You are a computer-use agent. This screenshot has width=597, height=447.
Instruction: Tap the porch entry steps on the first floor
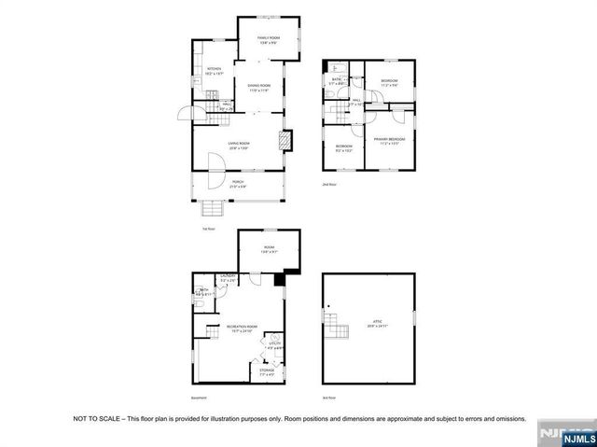(x=213, y=207)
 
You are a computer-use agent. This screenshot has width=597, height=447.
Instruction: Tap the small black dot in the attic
(x=328, y=305)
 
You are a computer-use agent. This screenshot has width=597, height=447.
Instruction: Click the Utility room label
(x=274, y=345)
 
